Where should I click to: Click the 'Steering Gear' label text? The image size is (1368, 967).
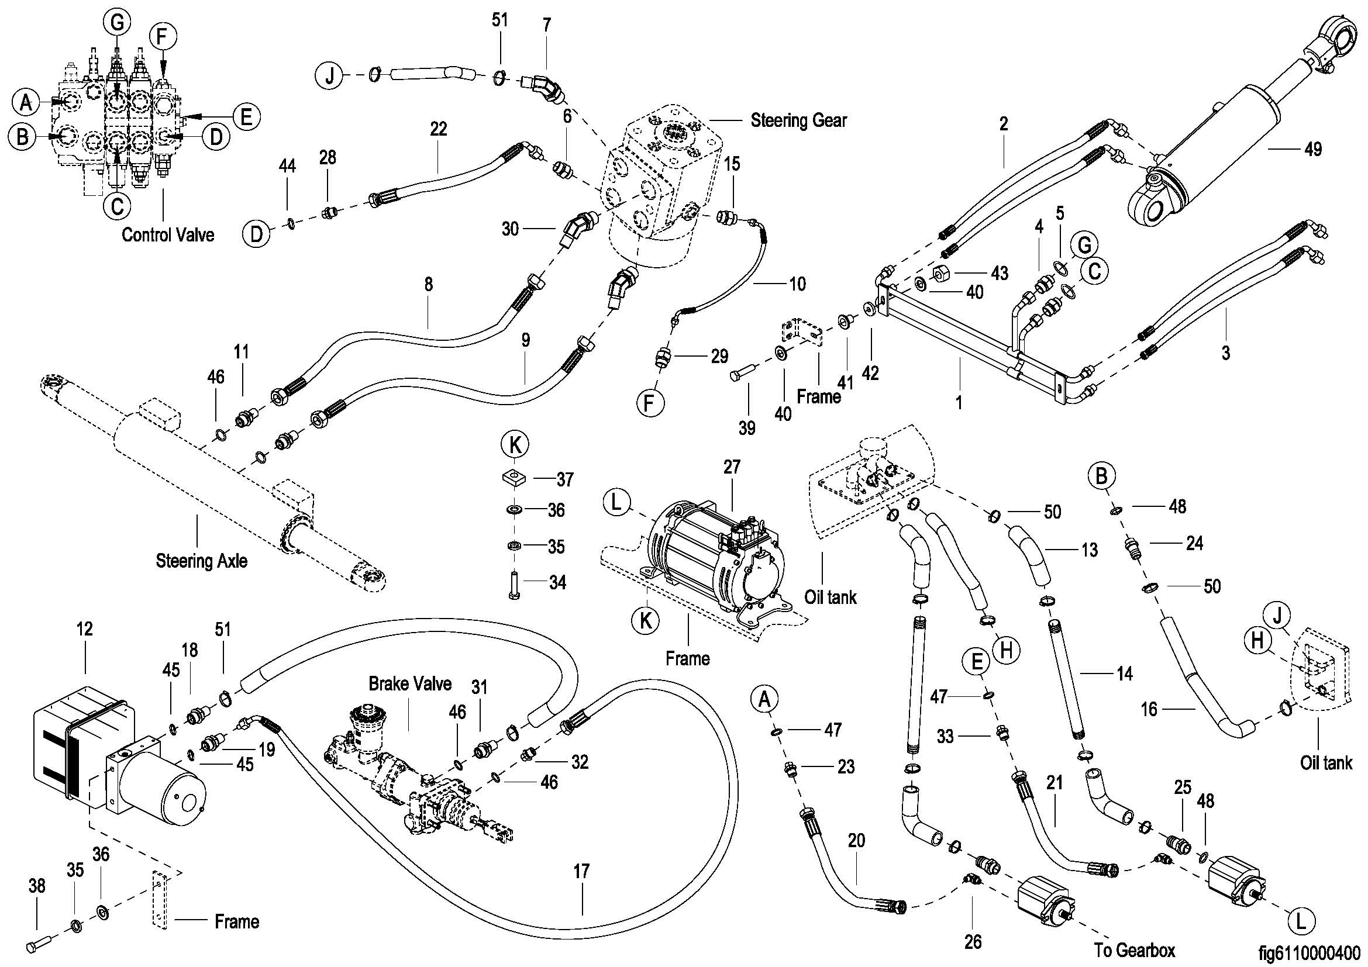tap(798, 120)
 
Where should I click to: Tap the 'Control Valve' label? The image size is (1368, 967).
tap(167, 234)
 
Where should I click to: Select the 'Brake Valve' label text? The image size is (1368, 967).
tap(410, 683)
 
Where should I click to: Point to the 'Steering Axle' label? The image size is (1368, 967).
tap(201, 560)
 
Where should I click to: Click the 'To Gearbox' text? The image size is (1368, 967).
tap(1135, 949)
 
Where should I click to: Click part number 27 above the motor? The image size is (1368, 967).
tap(732, 468)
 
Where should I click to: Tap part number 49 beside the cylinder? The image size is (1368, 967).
tap(1313, 149)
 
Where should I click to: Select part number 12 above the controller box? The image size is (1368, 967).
tap(85, 630)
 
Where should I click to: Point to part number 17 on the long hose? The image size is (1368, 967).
tap(581, 871)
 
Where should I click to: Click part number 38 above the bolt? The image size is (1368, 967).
tap(37, 886)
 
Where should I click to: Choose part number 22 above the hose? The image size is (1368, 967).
tap(439, 129)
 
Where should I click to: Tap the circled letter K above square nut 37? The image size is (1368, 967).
tap(515, 445)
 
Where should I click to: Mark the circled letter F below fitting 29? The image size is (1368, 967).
tap(650, 403)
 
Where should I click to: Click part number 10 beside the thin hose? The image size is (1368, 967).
tap(797, 284)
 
